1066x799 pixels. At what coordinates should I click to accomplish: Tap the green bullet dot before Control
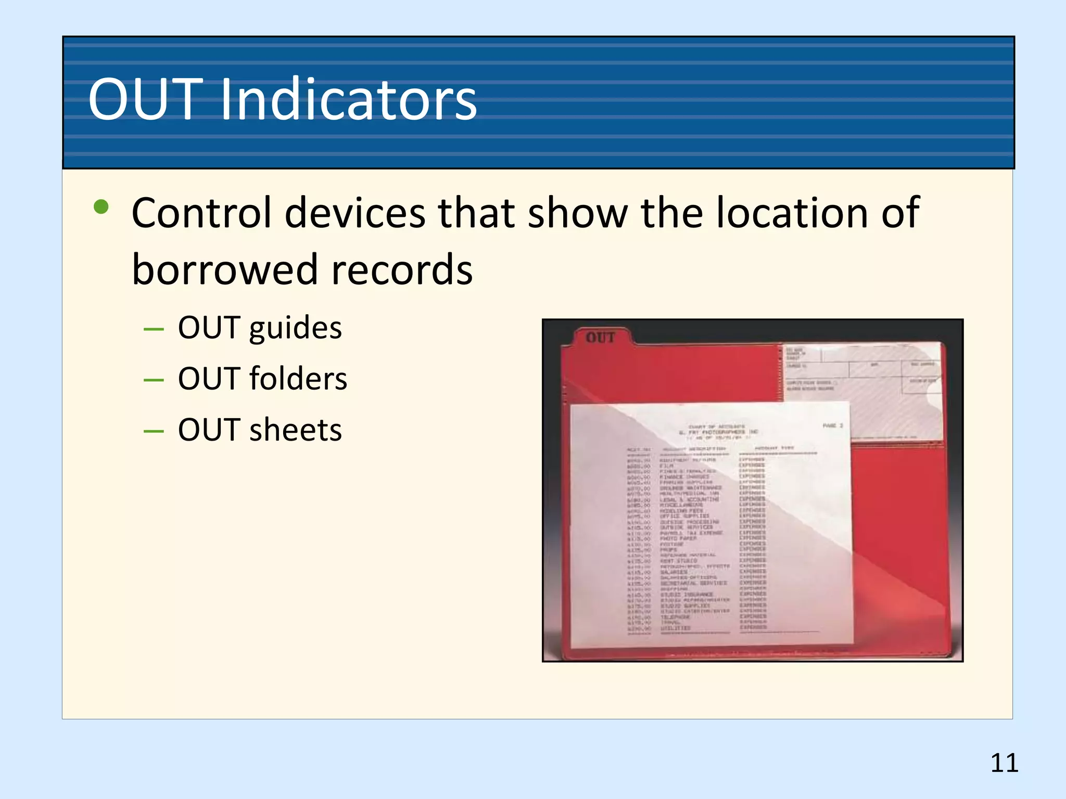(101, 208)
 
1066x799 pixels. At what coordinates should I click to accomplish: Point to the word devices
(355, 213)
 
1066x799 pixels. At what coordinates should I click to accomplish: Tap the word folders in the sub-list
(298, 379)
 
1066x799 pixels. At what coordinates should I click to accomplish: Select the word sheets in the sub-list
(295, 430)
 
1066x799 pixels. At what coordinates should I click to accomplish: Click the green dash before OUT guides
(154, 329)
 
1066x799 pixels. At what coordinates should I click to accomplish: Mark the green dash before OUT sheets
(154, 431)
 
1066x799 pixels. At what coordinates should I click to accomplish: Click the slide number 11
(1004, 763)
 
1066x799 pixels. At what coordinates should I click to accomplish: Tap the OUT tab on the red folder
(600, 338)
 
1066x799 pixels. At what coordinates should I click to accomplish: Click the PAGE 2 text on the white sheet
(832, 426)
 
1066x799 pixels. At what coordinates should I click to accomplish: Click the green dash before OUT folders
(154, 380)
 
